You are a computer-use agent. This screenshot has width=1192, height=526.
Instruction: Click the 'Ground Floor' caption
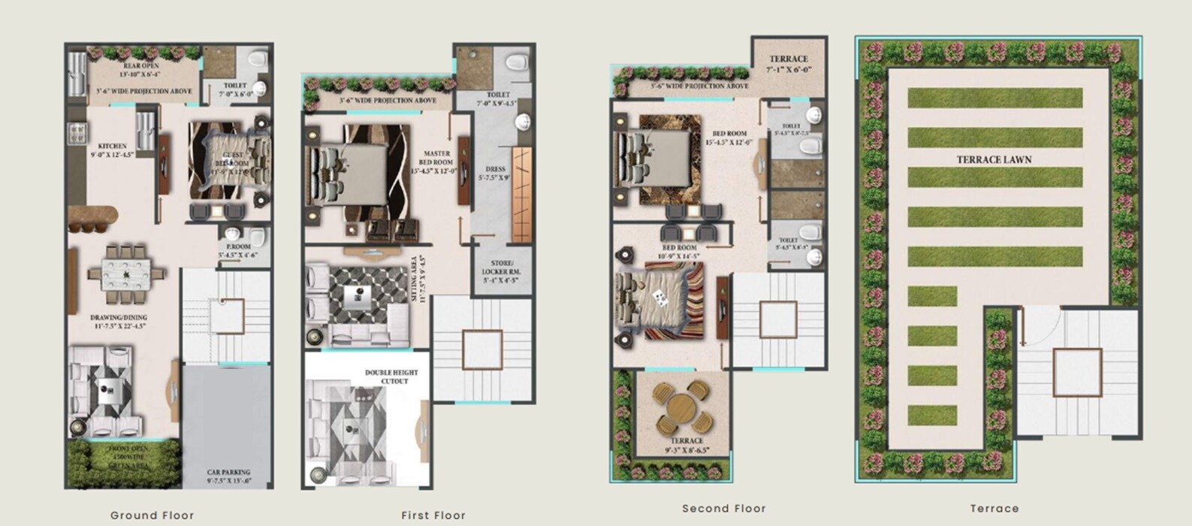tap(152, 515)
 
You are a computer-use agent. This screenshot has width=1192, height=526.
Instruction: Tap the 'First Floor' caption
tap(433, 515)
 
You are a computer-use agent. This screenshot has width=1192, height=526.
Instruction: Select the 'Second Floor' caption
tap(724, 509)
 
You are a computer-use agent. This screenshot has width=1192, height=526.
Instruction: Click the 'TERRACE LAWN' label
tap(994, 159)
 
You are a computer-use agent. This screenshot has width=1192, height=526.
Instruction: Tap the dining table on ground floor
tap(126, 274)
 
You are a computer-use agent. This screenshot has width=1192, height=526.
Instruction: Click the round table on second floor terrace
tap(682, 409)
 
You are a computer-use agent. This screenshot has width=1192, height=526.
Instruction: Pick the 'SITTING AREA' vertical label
tap(418, 279)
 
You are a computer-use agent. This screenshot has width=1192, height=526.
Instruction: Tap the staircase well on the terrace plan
tap(1076, 373)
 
